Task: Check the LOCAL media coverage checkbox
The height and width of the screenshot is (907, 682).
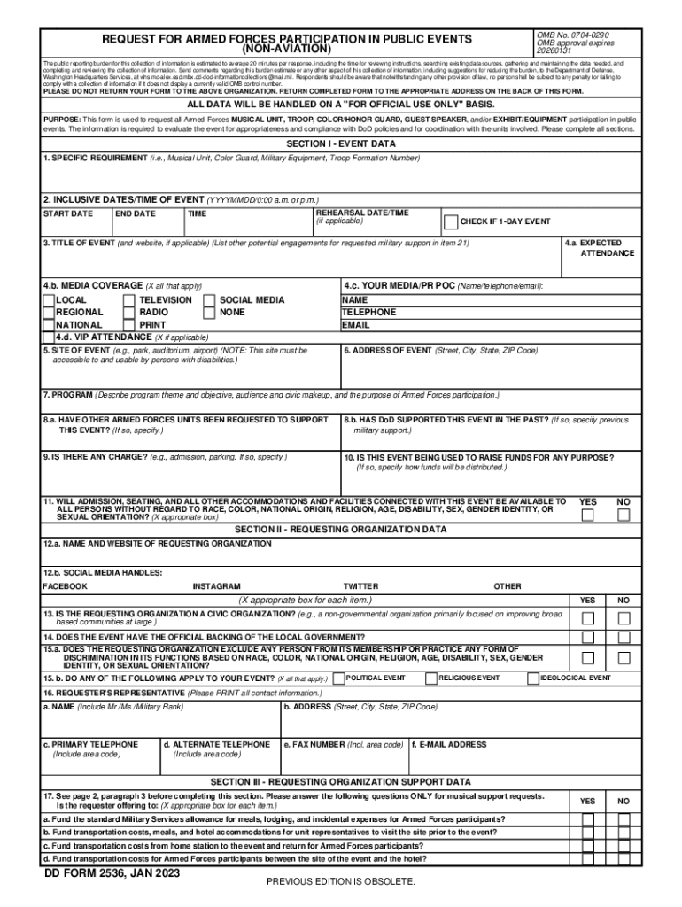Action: (x=49, y=300)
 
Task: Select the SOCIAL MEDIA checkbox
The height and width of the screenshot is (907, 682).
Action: (x=210, y=300)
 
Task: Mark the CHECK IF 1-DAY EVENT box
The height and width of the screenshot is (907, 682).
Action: (x=451, y=221)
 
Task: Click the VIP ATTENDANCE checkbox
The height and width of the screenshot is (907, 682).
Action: (x=49, y=337)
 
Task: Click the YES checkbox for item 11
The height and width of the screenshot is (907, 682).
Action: (x=587, y=516)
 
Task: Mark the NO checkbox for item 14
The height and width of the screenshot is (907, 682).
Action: (x=624, y=638)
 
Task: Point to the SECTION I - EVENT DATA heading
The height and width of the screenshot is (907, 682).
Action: (x=341, y=143)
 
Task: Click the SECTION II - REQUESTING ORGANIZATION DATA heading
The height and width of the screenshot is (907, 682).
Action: (x=341, y=530)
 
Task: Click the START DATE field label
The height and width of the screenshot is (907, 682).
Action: (x=67, y=213)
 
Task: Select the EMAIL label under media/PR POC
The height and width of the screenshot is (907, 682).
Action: (x=355, y=325)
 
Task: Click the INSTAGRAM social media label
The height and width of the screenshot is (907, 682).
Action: (x=216, y=586)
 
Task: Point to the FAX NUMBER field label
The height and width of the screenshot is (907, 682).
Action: (x=343, y=745)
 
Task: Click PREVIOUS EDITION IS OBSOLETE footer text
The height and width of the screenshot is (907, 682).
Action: (x=341, y=882)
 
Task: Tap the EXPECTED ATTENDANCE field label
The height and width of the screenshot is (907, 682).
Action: (x=601, y=248)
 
